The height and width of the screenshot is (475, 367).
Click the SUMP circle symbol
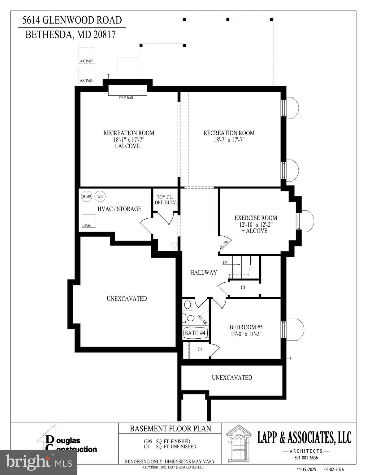(87, 196)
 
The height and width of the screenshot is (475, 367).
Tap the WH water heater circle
(100, 196)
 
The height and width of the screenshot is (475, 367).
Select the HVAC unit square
(89, 221)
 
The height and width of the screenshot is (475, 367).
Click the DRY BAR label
(126, 98)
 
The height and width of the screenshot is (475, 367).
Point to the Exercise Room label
(256, 218)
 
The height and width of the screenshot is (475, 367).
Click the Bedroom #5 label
(246, 327)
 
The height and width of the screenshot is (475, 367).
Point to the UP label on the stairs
(225, 263)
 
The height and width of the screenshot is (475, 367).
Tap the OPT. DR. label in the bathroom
(201, 319)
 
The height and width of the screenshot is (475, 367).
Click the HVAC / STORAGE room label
(119, 209)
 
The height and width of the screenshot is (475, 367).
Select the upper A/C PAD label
(86, 61)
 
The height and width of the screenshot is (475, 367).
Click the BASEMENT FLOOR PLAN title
(171, 429)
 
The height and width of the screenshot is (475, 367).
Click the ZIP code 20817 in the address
(104, 34)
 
